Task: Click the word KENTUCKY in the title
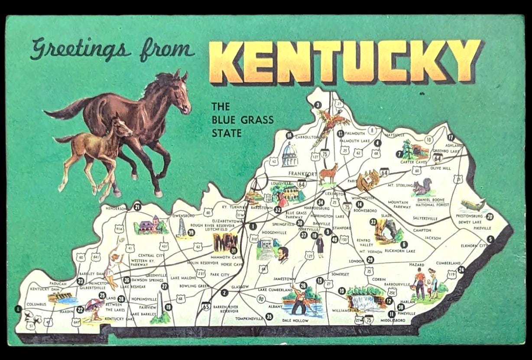(x=344, y=62)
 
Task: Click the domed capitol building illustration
(x=290, y=155)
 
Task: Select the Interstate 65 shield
(x=206, y=306)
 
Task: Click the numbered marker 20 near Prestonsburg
(x=490, y=217)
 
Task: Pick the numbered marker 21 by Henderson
(x=137, y=207)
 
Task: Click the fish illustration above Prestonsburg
(x=472, y=204)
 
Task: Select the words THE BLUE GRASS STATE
(x=242, y=120)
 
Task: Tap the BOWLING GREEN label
(x=194, y=286)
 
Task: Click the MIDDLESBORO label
(x=393, y=320)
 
